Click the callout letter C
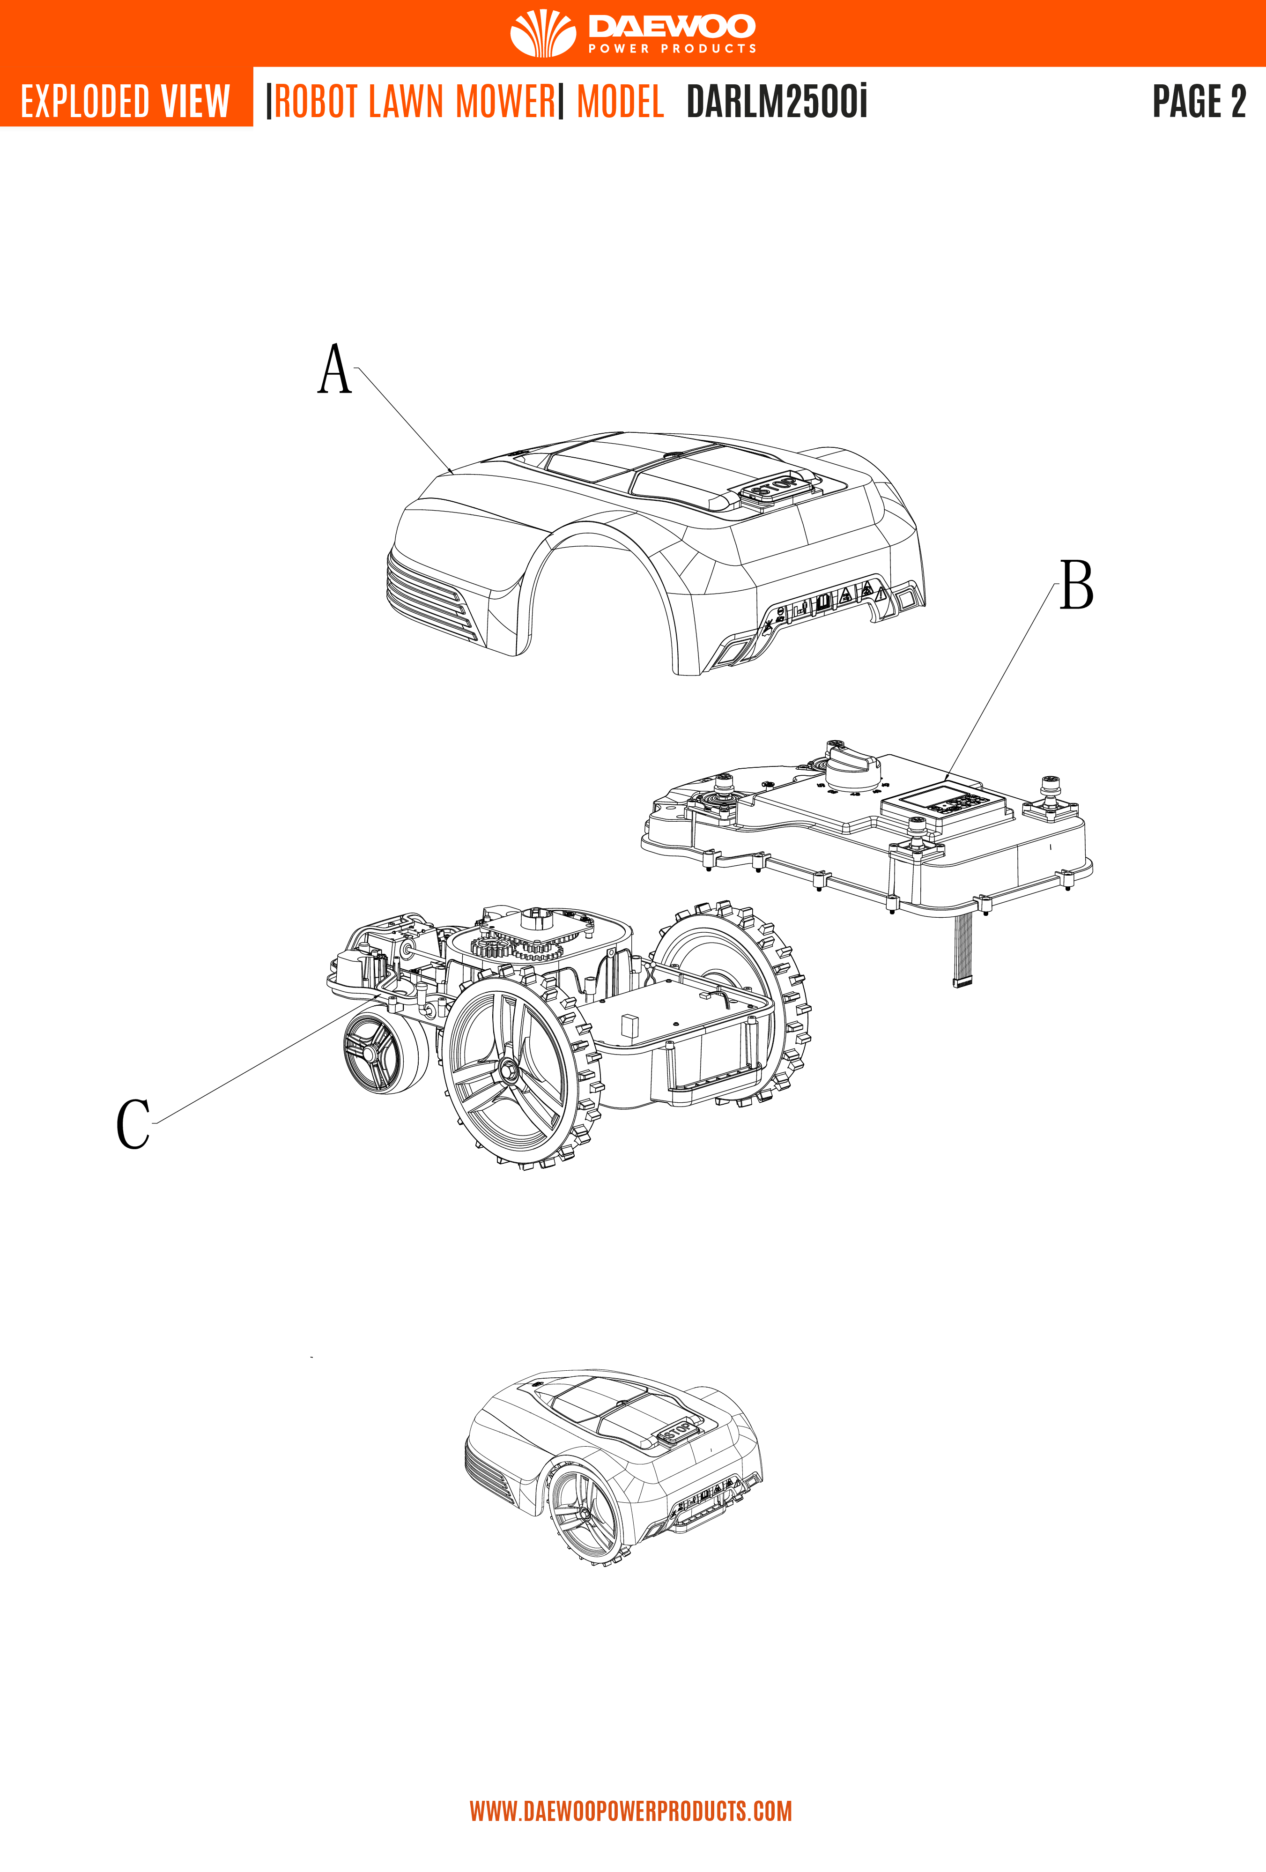tap(133, 1124)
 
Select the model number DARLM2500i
tap(777, 102)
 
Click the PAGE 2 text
tap(1199, 102)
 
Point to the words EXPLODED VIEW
tap(126, 102)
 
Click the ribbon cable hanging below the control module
tap(962, 951)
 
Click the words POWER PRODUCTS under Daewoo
tap(672, 48)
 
